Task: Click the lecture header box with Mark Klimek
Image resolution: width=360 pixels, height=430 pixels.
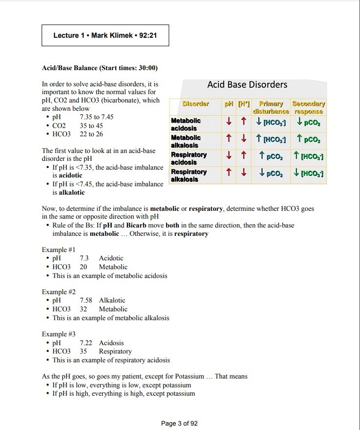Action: click(x=105, y=35)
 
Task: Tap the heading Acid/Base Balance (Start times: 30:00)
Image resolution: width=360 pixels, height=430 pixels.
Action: click(x=99, y=67)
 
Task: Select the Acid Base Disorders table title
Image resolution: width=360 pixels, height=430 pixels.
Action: click(x=247, y=84)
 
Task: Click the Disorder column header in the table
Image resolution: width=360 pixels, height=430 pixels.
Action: click(x=195, y=104)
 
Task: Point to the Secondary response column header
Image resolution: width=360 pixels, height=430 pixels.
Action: click(x=309, y=107)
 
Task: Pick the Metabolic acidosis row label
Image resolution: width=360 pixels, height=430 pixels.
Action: click(x=186, y=124)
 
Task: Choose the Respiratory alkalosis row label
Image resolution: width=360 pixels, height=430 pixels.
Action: click(x=189, y=176)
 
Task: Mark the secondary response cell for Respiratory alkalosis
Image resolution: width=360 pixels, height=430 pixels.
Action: click(x=309, y=174)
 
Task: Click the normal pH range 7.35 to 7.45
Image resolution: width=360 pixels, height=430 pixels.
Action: click(x=96, y=117)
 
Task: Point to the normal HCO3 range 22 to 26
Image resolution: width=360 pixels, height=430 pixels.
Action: click(x=92, y=134)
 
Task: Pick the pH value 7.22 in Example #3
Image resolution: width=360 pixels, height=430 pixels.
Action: click(x=86, y=343)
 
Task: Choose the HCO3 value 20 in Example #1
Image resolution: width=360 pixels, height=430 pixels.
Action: click(x=84, y=267)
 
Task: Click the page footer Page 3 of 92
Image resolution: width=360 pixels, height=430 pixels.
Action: click(x=179, y=423)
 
